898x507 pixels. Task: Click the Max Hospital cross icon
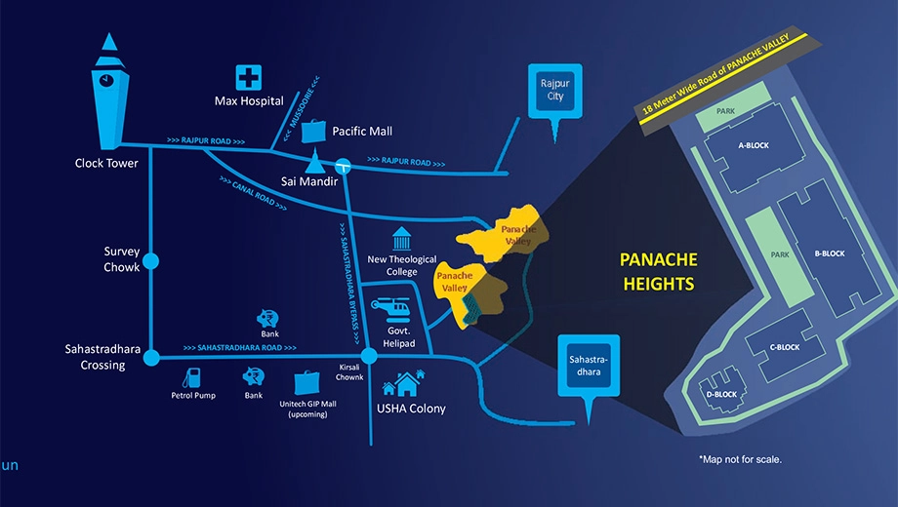click(249, 78)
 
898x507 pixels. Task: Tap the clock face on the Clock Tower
click(106, 80)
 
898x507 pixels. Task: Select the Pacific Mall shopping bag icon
click(313, 131)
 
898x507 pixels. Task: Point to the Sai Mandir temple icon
click(314, 161)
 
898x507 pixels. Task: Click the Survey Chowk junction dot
click(150, 261)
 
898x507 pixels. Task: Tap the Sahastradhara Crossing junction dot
click(151, 358)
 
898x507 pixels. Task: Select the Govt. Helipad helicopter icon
click(390, 310)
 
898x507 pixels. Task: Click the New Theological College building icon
click(401, 239)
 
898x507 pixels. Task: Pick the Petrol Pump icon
click(192, 378)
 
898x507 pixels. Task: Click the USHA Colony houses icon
click(404, 383)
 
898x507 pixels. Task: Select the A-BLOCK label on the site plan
click(754, 145)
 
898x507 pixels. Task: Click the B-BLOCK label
click(830, 253)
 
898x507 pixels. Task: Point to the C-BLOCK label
click(785, 347)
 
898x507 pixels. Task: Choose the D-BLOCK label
click(721, 394)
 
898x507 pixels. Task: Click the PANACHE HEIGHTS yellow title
click(659, 272)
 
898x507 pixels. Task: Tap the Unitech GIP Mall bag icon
click(306, 383)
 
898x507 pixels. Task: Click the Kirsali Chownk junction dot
click(369, 356)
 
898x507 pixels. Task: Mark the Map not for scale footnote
click(740, 459)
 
